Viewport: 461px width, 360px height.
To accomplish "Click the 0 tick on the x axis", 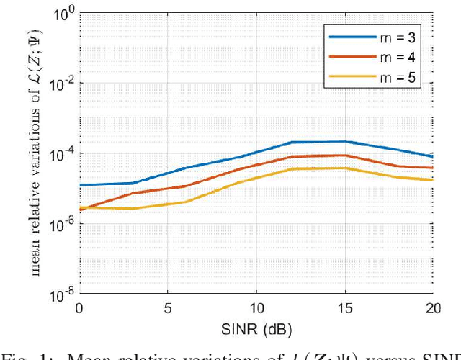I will coord(79,307).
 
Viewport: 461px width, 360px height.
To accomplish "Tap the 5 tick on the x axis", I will coord(168,307).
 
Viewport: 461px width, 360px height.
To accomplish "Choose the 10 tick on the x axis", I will coord(256,307).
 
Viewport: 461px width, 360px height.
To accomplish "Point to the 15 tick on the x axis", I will coord(344,307).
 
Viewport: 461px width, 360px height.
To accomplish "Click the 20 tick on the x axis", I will coord(432,307).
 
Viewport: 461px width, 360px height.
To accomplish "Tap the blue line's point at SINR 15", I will coord(344,141).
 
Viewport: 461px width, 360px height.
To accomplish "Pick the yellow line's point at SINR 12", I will coord(291,169).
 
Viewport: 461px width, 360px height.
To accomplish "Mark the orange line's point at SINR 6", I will coord(185,186).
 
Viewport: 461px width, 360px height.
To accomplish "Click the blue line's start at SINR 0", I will coord(79,185).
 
